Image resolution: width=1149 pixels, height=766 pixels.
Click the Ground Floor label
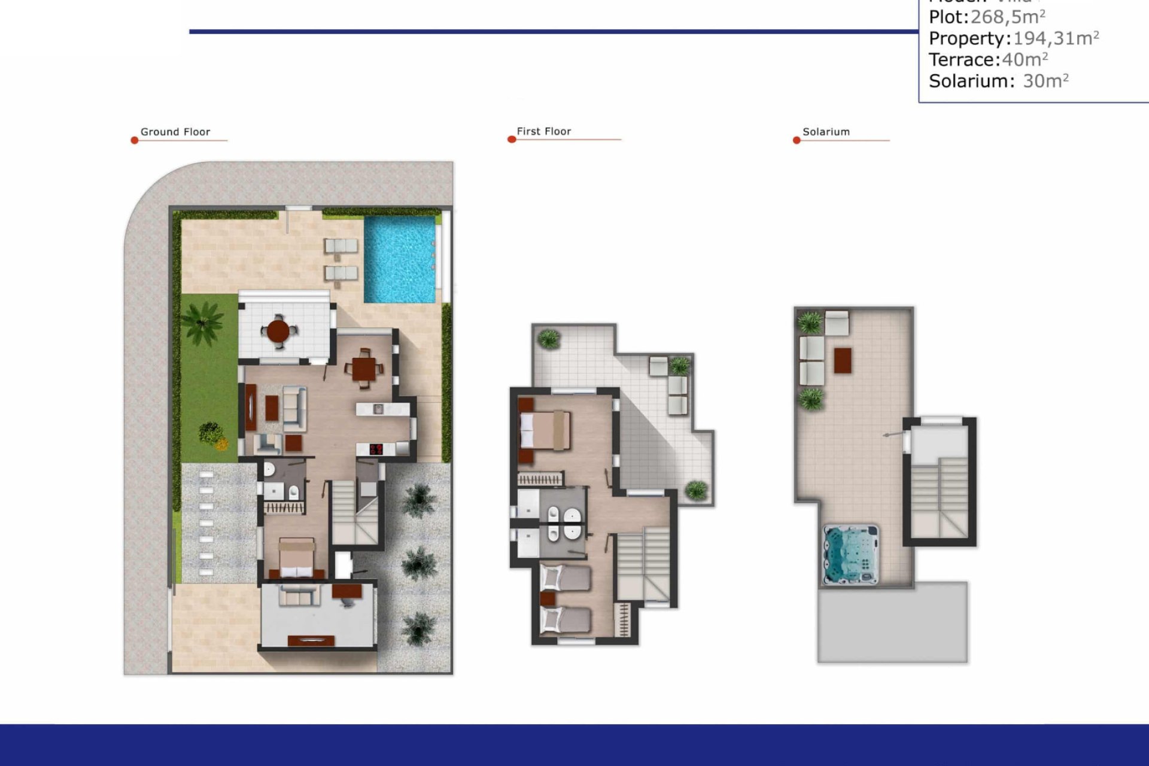[175, 132]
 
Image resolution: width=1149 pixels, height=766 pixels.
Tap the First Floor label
[543, 131]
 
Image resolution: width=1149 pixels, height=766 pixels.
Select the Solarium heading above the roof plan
[826, 132]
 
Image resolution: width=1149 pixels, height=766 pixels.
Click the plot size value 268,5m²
[1007, 17]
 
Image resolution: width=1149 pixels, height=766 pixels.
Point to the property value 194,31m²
[1056, 38]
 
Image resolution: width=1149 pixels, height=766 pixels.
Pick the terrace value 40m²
[1025, 59]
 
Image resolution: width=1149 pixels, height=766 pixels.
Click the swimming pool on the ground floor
[399, 259]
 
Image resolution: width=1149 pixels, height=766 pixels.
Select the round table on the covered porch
[278, 330]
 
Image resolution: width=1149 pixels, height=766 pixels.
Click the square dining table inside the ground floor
[364, 369]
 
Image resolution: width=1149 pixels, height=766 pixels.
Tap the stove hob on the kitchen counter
[376, 449]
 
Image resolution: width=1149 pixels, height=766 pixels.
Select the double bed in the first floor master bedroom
[545, 430]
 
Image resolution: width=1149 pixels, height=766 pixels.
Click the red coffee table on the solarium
[842, 360]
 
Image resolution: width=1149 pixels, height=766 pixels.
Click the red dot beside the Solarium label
[797, 141]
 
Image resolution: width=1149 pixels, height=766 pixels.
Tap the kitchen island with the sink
[382, 409]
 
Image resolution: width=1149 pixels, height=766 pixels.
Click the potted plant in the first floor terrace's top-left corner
[548, 339]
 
